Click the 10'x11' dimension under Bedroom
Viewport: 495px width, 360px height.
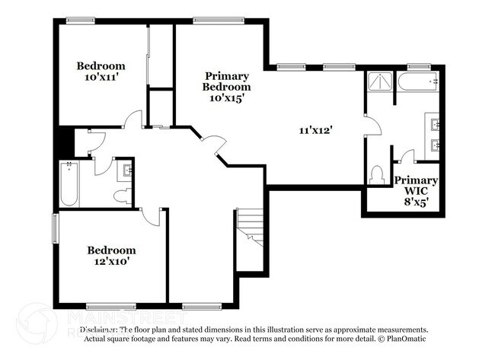coord(101,78)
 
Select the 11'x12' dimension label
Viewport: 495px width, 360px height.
coord(315,130)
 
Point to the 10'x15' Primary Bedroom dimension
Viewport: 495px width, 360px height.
coord(225,98)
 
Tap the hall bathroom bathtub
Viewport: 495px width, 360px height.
coord(69,184)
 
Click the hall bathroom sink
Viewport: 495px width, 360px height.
coord(126,172)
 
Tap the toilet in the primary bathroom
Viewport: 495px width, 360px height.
coord(375,176)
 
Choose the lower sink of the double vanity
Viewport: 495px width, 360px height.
coord(436,145)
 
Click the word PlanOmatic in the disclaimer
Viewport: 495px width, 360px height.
coord(406,338)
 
